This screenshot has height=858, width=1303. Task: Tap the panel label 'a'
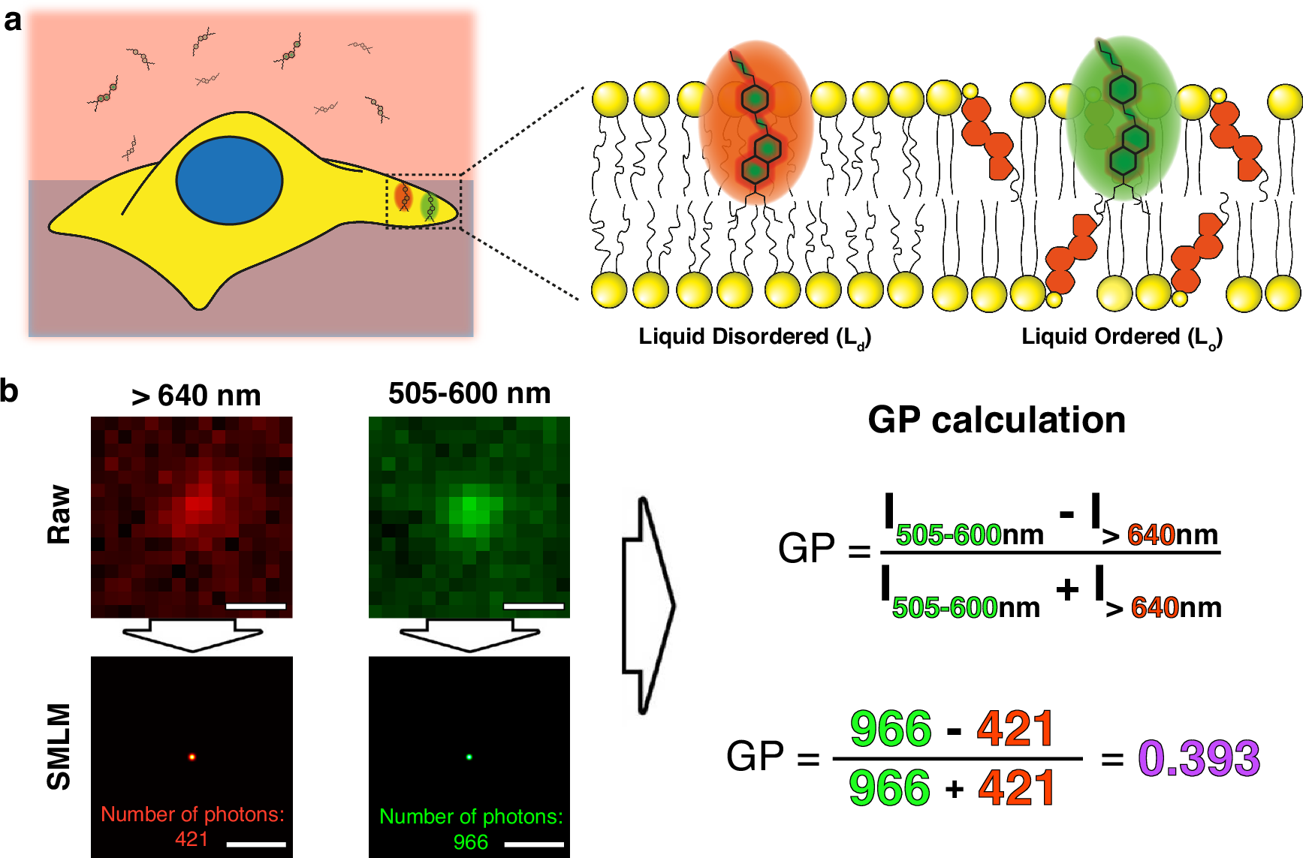tap(13, 20)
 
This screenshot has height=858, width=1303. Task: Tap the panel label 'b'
tap(9, 390)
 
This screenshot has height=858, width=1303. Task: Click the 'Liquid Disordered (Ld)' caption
tap(755, 337)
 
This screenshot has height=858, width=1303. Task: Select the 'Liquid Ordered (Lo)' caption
tap(1122, 337)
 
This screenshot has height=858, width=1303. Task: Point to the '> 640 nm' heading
tap(196, 396)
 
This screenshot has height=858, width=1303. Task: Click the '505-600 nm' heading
tap(469, 393)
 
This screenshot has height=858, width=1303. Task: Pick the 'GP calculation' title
tap(997, 420)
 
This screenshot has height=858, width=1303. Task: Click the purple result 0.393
tap(1199, 758)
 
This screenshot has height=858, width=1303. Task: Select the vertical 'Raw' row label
tap(59, 514)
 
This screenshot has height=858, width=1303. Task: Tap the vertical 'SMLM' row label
tap(59, 747)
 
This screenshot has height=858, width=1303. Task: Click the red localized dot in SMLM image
tap(192, 757)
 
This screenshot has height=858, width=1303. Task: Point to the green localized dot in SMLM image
tap(469, 757)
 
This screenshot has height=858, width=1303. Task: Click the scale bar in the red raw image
tap(255, 606)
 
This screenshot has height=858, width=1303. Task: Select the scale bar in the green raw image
tap(534, 606)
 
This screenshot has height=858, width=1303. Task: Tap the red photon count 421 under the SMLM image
tap(192, 838)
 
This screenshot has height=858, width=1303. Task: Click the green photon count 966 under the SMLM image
tap(471, 841)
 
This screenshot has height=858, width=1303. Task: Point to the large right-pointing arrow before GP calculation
tap(649, 605)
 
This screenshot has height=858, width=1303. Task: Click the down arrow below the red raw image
tap(192, 635)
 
